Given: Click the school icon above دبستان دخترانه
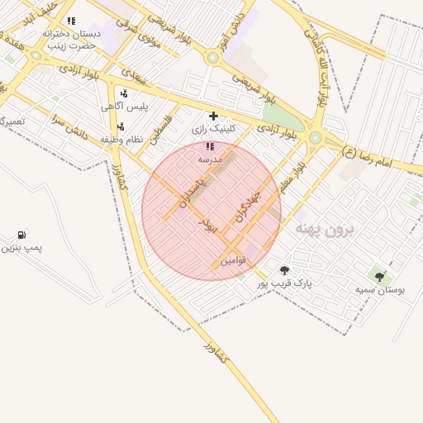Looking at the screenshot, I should coord(71,21).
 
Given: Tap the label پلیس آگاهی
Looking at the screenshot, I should coord(119,107).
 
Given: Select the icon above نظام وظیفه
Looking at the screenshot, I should coord(121,126).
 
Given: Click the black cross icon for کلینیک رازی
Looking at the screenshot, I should coord(213,116).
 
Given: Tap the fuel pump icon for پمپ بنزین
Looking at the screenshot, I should coord(21,235).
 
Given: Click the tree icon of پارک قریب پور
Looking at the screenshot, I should coord(284,270).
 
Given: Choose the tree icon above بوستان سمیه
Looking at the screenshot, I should coord(379,277).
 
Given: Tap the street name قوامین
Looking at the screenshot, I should coord(232,261).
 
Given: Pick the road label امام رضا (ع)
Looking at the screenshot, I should coord(372,154).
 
